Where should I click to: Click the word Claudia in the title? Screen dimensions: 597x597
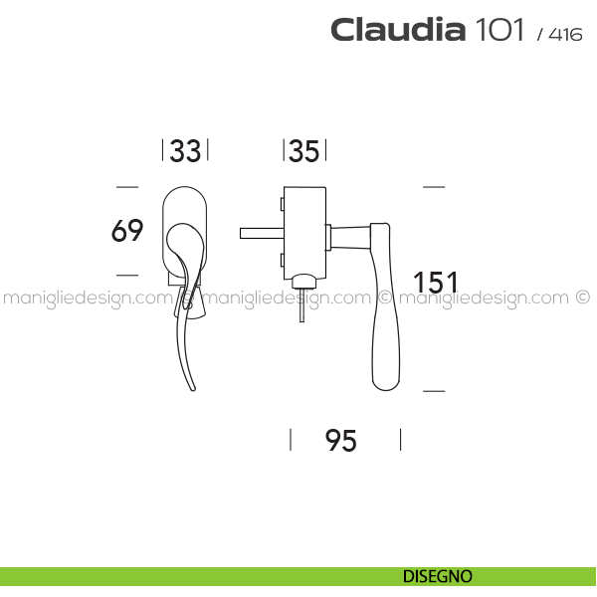coord(398,29)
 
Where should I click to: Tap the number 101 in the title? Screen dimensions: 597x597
coord(499,29)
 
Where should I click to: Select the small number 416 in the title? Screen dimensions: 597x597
coord(565,35)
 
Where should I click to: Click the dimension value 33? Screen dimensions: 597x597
coord(185,151)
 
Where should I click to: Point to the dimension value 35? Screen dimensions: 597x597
coord(304,151)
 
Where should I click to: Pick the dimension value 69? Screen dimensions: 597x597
coord(127,231)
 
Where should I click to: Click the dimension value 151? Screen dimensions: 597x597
coord(436,283)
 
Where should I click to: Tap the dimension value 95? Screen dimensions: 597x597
coord(340,440)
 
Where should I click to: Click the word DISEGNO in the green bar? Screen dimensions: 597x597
coord(438,576)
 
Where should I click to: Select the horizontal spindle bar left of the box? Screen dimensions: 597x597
coord(262,233)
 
